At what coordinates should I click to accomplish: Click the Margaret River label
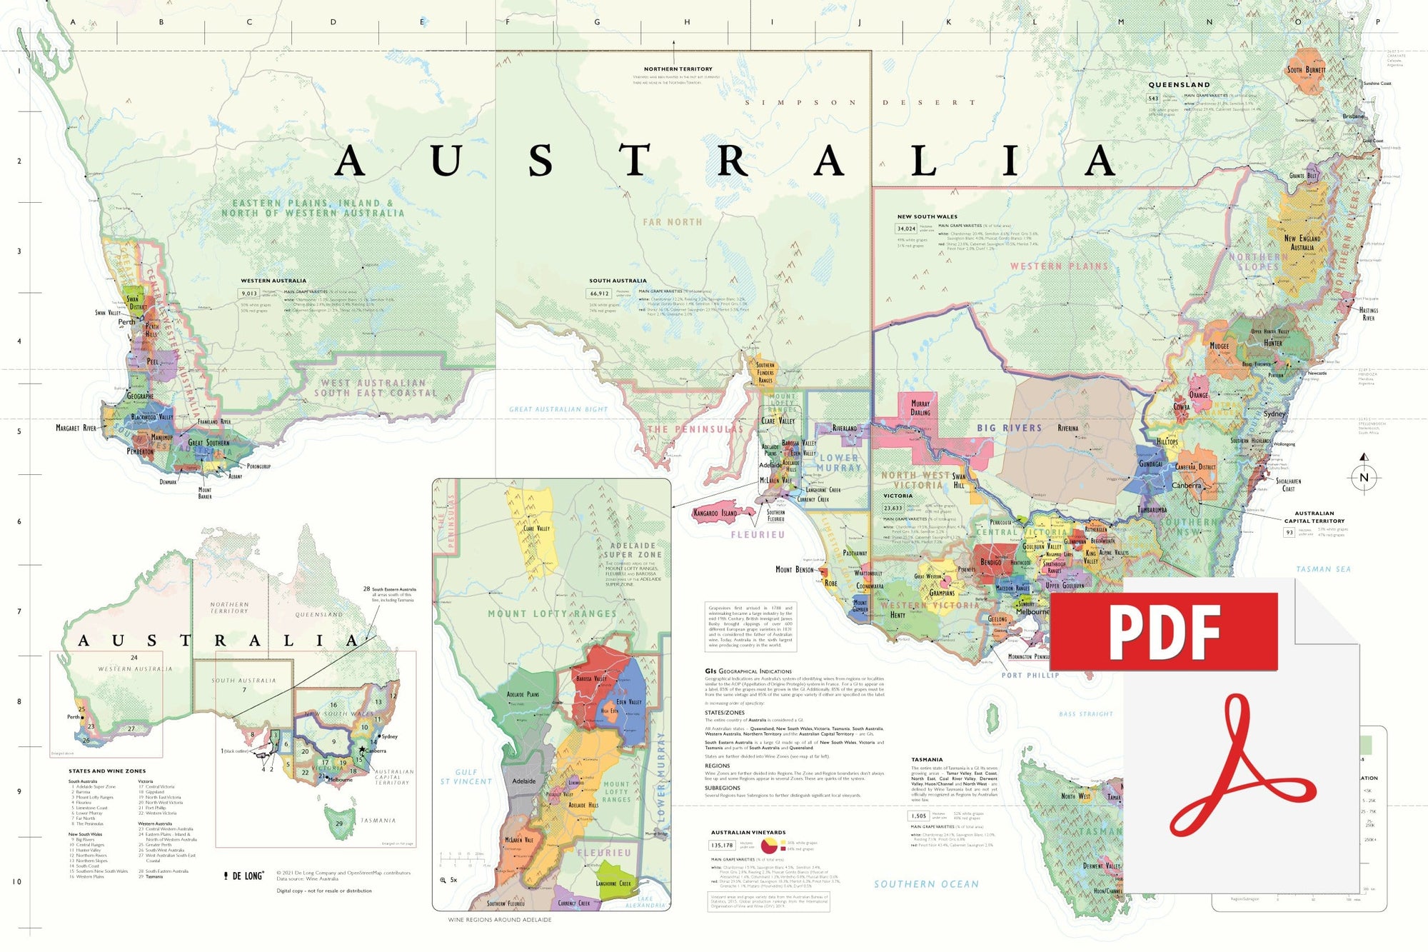(76, 428)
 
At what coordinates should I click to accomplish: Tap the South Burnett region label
(1306, 70)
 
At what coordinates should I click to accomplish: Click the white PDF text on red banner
(1164, 631)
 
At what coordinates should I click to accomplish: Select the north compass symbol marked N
(1364, 477)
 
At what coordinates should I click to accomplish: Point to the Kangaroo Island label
(715, 513)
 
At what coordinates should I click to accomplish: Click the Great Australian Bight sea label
(558, 409)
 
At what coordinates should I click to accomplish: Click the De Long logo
(243, 876)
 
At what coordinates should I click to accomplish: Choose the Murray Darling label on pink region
(920, 408)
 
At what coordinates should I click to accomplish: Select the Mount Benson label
(794, 569)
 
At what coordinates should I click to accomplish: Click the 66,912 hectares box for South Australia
(599, 293)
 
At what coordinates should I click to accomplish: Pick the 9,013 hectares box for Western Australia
(249, 293)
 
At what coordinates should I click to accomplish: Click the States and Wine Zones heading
(107, 771)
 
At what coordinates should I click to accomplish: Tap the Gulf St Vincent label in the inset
(466, 776)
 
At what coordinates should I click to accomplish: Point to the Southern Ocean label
(926, 884)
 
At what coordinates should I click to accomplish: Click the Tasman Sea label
(1323, 569)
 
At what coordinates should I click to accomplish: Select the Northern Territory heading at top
(678, 69)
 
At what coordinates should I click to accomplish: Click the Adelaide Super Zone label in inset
(633, 550)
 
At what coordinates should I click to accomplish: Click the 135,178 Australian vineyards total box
(721, 845)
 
